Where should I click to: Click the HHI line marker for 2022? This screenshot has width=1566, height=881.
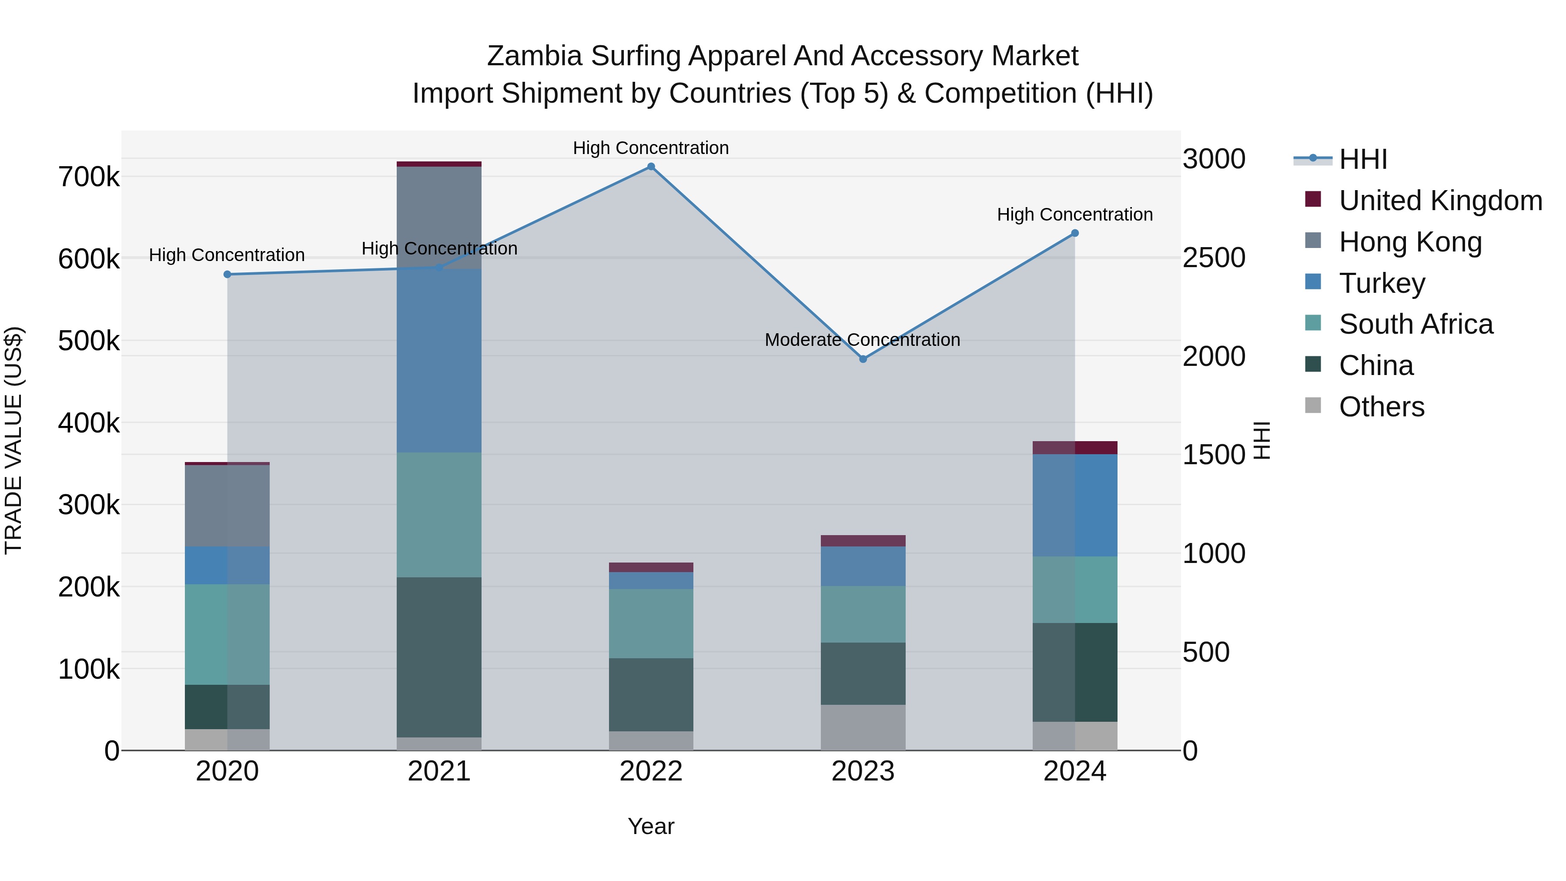(x=650, y=167)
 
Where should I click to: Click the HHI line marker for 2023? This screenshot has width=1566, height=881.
(x=863, y=359)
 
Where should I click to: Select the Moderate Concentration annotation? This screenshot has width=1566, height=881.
(x=862, y=340)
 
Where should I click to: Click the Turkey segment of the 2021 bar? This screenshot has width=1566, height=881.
(x=439, y=361)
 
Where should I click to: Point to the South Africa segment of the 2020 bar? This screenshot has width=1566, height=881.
(x=227, y=634)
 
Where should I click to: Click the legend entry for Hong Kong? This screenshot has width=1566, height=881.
(x=1410, y=242)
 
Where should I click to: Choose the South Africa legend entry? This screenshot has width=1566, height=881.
(x=1415, y=324)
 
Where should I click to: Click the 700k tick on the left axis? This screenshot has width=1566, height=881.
(x=89, y=178)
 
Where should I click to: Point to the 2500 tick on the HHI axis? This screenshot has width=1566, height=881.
(x=1213, y=258)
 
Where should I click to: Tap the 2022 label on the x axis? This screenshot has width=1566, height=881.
(x=650, y=771)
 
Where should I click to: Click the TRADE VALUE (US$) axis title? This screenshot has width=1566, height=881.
(x=13, y=440)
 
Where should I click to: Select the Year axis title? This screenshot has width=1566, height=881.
(x=650, y=826)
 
